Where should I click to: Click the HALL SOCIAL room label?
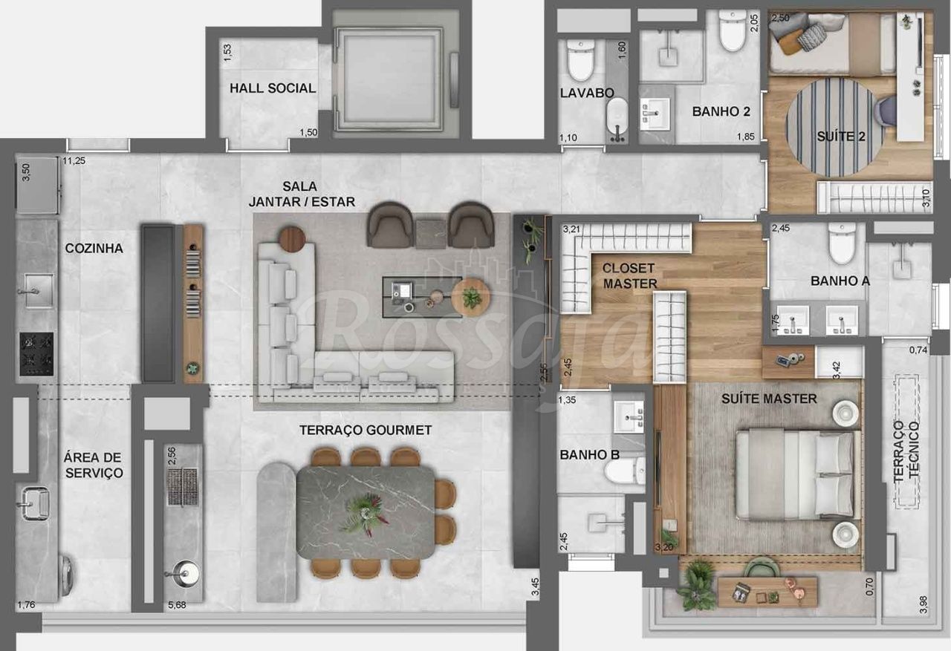(x=273, y=88)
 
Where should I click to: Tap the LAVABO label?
(x=587, y=93)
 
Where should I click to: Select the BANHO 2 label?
(x=721, y=111)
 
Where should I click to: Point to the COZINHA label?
(x=94, y=248)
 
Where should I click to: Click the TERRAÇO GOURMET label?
(x=366, y=430)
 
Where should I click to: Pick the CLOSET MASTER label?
(x=629, y=275)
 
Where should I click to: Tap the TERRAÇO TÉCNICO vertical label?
(x=906, y=451)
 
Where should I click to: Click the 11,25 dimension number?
(x=74, y=161)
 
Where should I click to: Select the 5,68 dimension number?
(x=177, y=605)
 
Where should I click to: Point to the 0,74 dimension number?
(x=918, y=350)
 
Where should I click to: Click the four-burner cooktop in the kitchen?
(x=36, y=354)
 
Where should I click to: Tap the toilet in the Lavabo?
(x=580, y=60)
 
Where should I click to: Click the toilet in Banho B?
(x=625, y=469)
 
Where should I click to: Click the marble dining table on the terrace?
(x=366, y=512)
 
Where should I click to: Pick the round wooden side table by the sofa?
(x=292, y=239)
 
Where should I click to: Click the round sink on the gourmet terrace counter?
(x=186, y=573)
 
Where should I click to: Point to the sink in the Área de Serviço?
(x=35, y=504)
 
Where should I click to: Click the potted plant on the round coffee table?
(x=472, y=297)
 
